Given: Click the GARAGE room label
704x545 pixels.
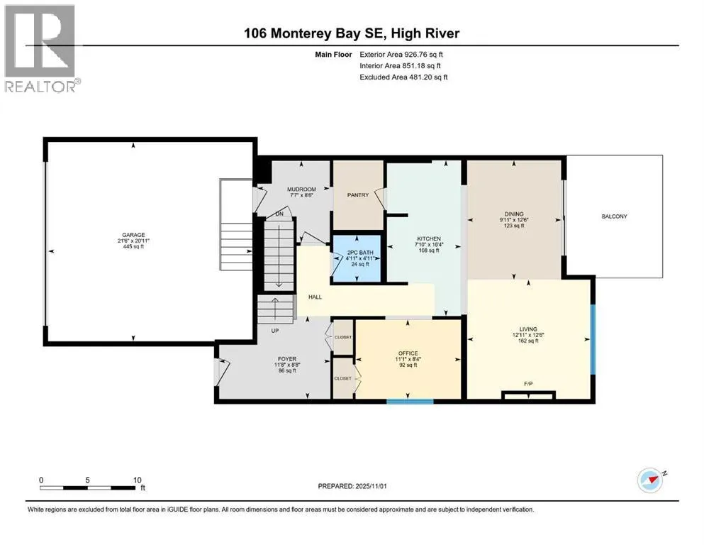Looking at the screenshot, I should pyautogui.click(x=133, y=235).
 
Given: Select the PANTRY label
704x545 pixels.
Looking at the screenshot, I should pyautogui.click(x=358, y=195).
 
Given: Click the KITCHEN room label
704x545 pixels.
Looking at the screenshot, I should pyautogui.click(x=429, y=239).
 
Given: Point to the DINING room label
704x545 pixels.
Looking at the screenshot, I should pyautogui.click(x=514, y=214).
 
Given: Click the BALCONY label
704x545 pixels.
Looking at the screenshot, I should pyautogui.click(x=615, y=216).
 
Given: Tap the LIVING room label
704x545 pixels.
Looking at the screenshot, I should pyautogui.click(x=528, y=329).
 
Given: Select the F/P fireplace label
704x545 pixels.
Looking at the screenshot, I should pyautogui.click(x=528, y=384).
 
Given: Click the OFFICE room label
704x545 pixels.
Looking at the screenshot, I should pyautogui.click(x=408, y=353).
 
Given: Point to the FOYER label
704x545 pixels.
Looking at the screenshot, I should pyautogui.click(x=287, y=359).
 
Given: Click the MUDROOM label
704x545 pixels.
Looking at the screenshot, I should pyautogui.click(x=301, y=189).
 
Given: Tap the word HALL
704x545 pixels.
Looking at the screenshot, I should pyautogui.click(x=315, y=297).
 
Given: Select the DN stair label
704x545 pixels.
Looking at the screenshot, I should pyautogui.click(x=279, y=214).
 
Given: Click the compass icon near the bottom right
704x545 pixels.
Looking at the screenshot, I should pyautogui.click(x=650, y=480).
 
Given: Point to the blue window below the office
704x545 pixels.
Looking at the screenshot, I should pyautogui.click(x=410, y=402).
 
